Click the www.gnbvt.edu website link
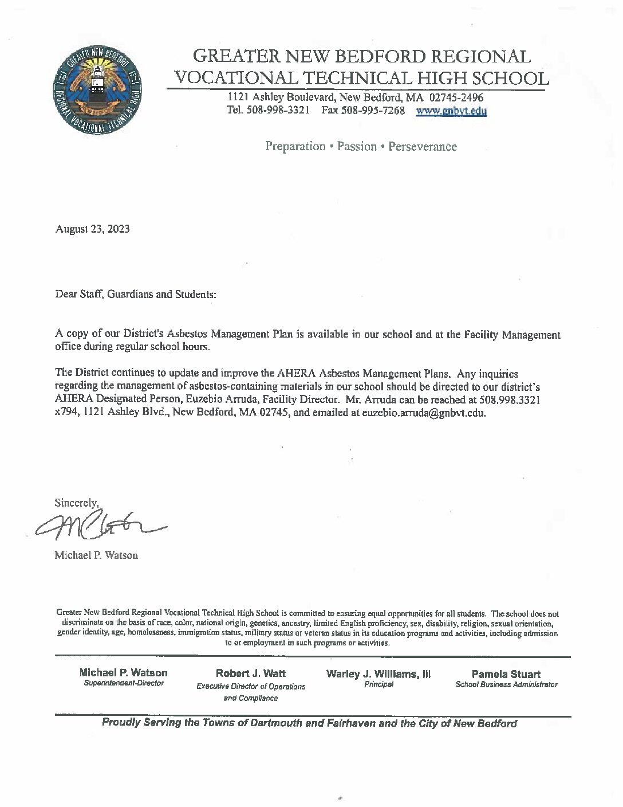tap(451, 111)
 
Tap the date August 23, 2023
tap(92, 229)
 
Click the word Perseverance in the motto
tap(423, 146)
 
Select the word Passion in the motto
tap(357, 146)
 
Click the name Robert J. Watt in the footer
tap(250, 673)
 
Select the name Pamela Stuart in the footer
tap(506, 674)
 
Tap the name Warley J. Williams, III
tap(378, 673)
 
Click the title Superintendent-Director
tap(124, 684)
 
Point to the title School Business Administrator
tap(506, 685)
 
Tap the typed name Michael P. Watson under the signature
tap(96, 555)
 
